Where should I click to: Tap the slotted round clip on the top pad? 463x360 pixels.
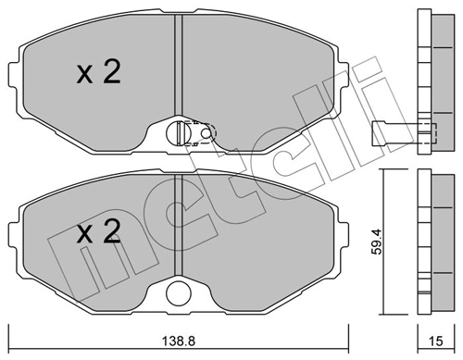175,134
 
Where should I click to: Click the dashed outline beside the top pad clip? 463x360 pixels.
204,135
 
